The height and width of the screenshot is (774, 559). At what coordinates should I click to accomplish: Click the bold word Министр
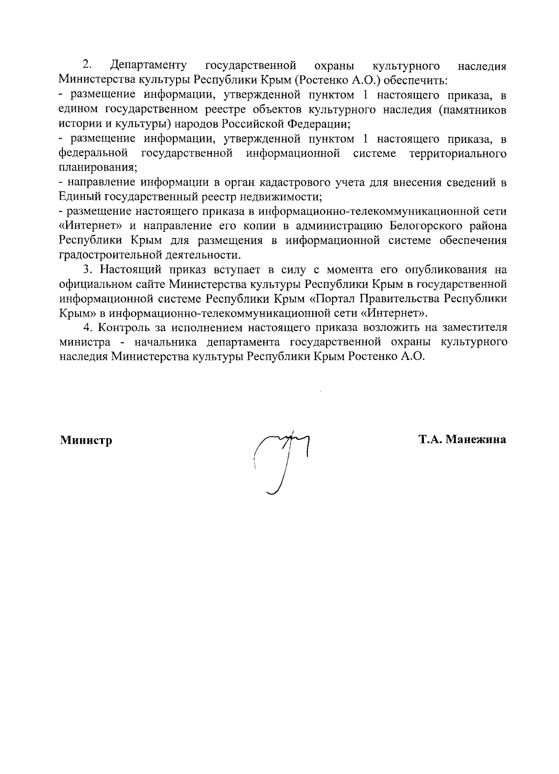point(86,440)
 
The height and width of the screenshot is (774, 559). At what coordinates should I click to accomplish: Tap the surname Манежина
point(475,439)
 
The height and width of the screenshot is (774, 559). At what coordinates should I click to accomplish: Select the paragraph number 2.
point(86,65)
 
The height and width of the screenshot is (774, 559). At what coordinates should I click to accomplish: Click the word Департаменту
point(149,66)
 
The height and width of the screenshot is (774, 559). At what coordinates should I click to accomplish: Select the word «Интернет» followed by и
point(91,226)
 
